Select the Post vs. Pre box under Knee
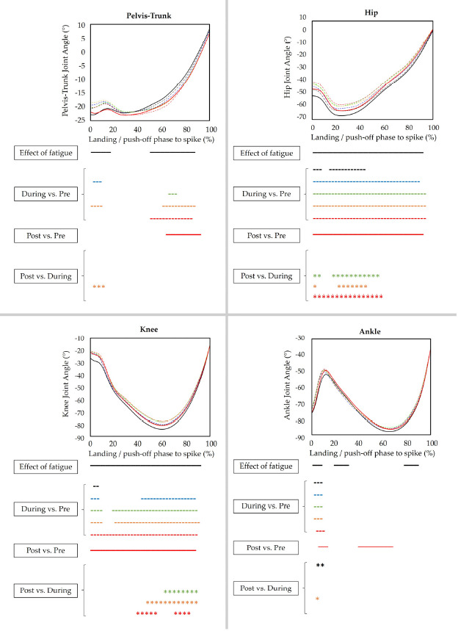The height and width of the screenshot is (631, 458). coord(48,549)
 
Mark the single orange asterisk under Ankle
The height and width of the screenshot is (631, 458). coord(317,599)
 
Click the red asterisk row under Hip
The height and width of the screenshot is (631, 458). coord(348,297)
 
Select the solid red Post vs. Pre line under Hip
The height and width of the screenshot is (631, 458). coord(368,234)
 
